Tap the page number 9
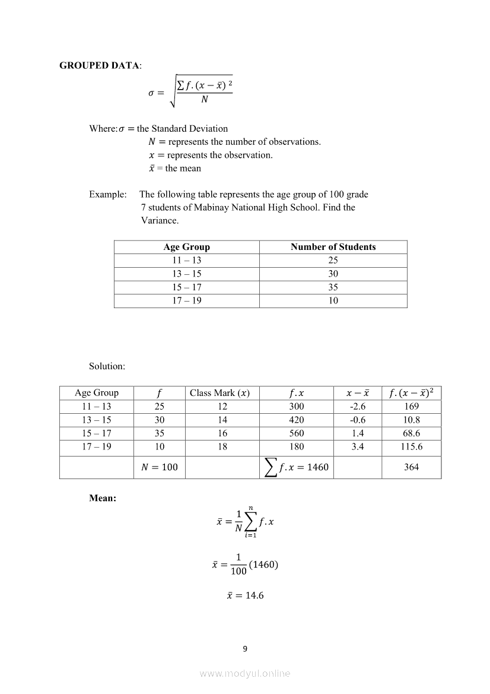(245, 648)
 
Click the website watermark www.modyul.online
(245, 673)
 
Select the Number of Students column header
(333, 247)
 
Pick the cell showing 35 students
(333, 287)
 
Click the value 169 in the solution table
(411, 407)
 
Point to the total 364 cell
(411, 467)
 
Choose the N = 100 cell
(160, 467)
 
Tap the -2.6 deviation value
(358, 407)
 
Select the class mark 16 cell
(222, 433)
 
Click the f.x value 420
(296, 420)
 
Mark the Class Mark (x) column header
(219, 393)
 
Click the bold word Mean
(102, 498)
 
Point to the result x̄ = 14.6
(245, 595)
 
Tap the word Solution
(107, 366)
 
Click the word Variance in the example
(160, 220)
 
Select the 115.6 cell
(411, 446)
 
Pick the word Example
(107, 194)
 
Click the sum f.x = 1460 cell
(296, 467)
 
